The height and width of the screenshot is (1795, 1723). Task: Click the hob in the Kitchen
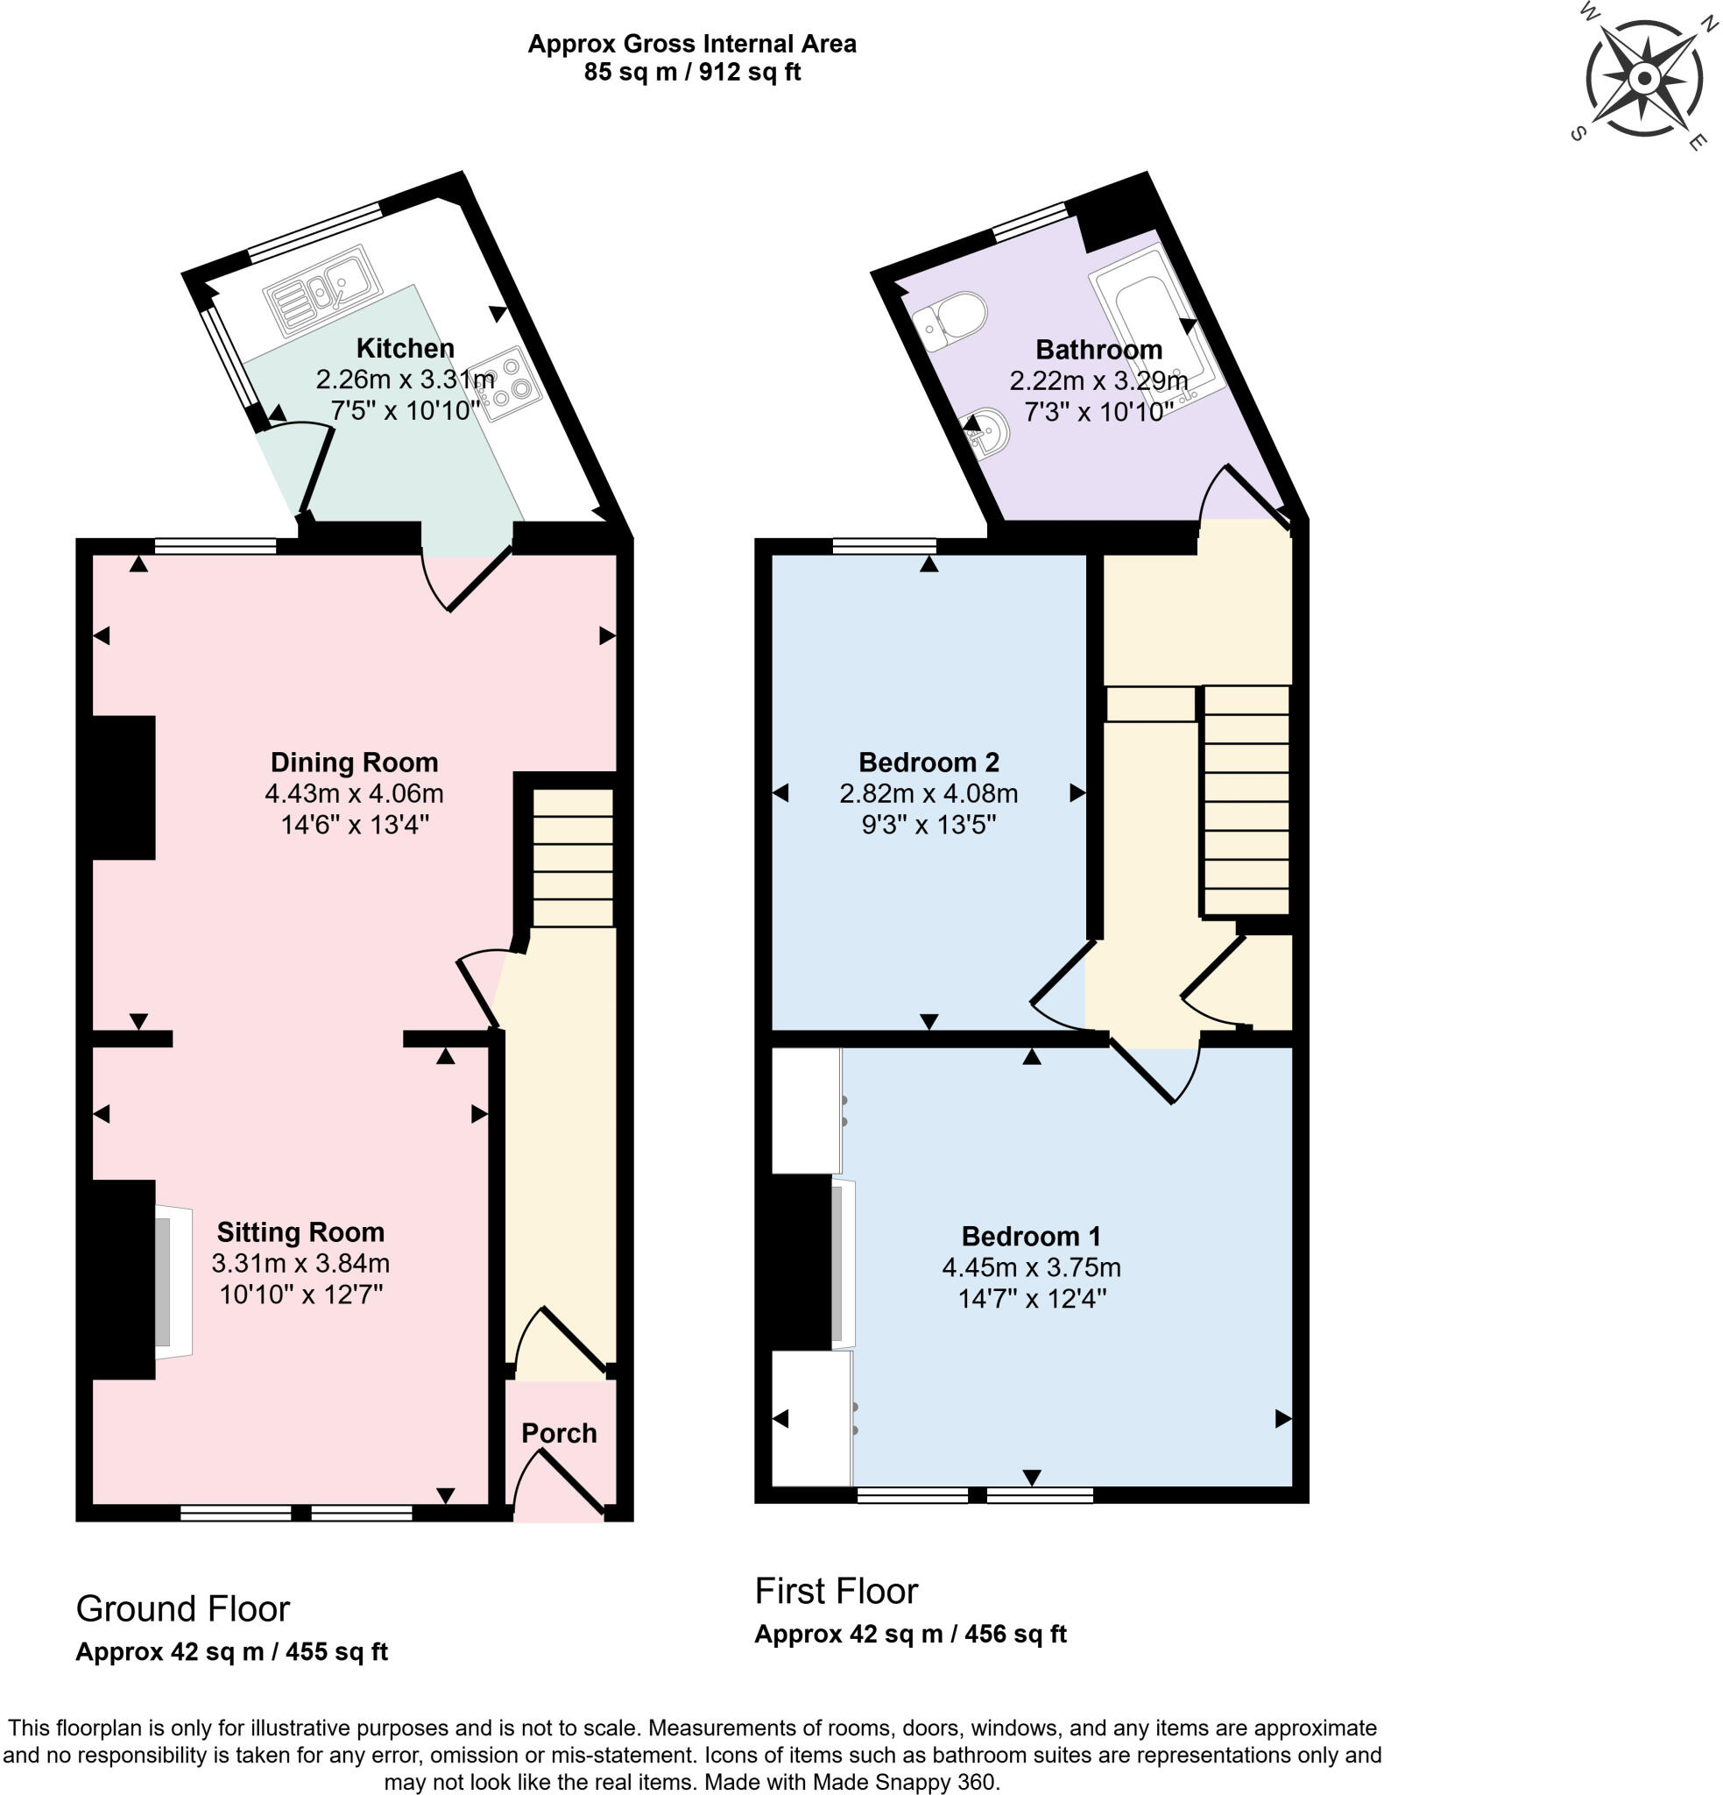(x=506, y=383)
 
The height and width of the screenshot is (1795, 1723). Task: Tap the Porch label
(x=559, y=1433)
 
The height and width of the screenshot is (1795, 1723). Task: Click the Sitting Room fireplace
(x=172, y=1281)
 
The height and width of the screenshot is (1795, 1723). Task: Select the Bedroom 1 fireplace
(x=839, y=1265)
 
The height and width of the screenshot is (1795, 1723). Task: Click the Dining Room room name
(x=353, y=762)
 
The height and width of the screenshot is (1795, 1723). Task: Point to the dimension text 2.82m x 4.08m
(x=928, y=793)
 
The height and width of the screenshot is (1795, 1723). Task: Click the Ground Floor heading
(x=182, y=1609)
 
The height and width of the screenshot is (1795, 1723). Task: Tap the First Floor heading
(x=835, y=1592)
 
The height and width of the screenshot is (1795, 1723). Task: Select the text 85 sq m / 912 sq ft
(x=691, y=73)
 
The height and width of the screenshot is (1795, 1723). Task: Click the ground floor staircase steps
(x=572, y=857)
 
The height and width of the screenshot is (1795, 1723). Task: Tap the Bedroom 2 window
(x=884, y=546)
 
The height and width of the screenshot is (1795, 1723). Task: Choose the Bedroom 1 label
(x=1030, y=1237)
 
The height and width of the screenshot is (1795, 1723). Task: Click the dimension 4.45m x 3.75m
(x=1030, y=1267)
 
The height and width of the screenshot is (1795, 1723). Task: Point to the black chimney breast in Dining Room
(x=124, y=787)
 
